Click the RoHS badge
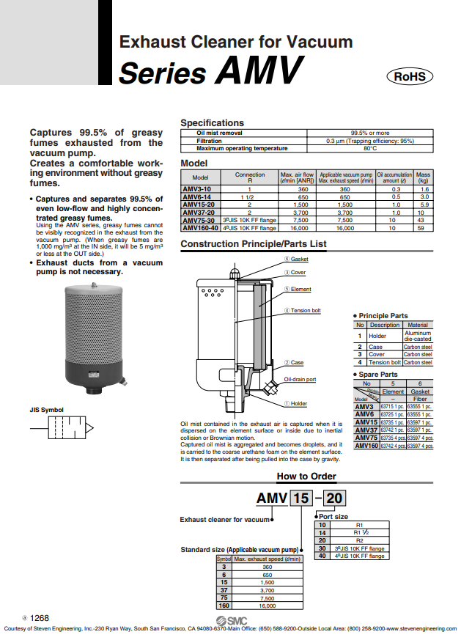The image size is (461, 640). pyautogui.click(x=413, y=76)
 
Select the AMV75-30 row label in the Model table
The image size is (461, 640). pyautogui.click(x=198, y=220)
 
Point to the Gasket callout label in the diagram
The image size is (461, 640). pyautogui.click(x=299, y=260)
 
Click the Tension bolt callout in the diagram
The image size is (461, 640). pyautogui.click(x=306, y=310)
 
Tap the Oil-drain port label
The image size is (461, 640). pyautogui.click(x=300, y=379)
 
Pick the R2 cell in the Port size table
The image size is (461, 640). pyautogui.click(x=359, y=540)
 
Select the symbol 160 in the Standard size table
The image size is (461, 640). pyautogui.click(x=224, y=606)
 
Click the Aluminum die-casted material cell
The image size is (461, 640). pyautogui.click(x=418, y=336)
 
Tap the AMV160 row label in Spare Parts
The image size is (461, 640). pyautogui.click(x=365, y=445)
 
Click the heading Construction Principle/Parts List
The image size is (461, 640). pyautogui.click(x=253, y=244)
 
